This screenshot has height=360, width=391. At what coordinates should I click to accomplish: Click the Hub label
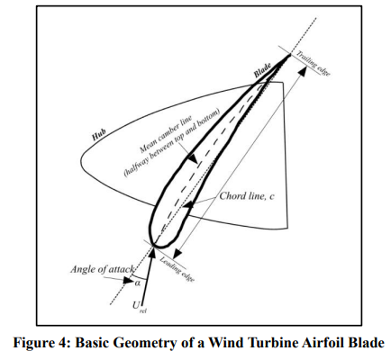[99, 135]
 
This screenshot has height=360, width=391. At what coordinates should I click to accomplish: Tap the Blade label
[262, 70]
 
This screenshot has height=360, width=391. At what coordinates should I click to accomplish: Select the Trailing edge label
[314, 63]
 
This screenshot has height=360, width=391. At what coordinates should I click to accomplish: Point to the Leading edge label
[177, 269]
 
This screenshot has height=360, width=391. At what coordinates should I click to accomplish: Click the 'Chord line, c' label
[247, 196]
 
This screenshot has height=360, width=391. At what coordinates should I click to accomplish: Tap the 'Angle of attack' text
[102, 269]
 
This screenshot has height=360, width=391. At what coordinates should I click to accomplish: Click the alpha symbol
[138, 283]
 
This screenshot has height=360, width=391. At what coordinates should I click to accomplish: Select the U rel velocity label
[140, 307]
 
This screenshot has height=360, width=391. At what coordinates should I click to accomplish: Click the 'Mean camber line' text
[166, 133]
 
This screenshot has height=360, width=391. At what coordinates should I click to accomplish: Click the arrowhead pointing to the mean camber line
[193, 158]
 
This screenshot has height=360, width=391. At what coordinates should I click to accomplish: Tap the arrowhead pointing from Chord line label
[187, 205]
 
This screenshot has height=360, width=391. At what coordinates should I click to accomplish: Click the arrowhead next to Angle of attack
[129, 281]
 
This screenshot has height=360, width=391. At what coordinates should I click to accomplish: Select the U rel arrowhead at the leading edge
[152, 253]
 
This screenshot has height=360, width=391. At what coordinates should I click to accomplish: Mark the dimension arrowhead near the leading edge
[177, 254]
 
